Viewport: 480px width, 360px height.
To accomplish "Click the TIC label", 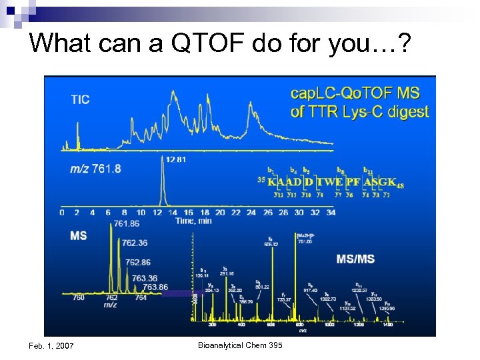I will pos(80,100).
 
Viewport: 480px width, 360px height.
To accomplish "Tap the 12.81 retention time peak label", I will pos(175,159).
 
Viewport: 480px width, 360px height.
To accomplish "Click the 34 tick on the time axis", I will pos(331,213).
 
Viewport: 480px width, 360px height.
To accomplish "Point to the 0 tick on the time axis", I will pos(62,213).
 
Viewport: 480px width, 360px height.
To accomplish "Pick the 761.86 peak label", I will pos(127,223).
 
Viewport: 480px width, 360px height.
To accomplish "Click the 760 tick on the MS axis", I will pos(79,298).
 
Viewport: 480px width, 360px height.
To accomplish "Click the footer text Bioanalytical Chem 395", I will pos(240,345).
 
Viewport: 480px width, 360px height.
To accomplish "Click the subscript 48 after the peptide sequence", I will pos(400,185).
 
